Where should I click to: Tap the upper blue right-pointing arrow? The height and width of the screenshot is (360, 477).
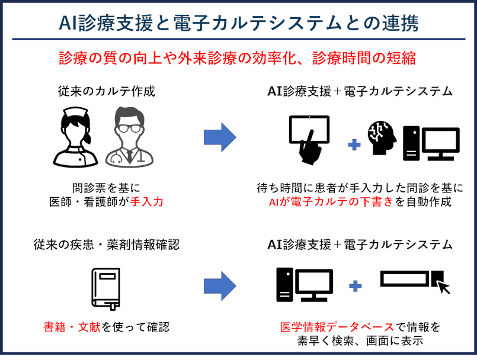pyautogui.click(x=220, y=137)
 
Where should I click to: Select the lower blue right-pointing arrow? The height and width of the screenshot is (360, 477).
pyautogui.click(x=220, y=287)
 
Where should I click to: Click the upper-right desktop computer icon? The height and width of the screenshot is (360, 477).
pyautogui.click(x=431, y=143)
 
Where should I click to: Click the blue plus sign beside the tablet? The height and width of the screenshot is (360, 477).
pyautogui.click(x=354, y=144)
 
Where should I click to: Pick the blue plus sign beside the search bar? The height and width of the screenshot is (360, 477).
pyautogui.click(x=355, y=287)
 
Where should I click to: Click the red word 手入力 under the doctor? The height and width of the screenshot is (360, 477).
pyautogui.click(x=146, y=201)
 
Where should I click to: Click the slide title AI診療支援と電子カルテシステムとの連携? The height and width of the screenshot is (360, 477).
pyautogui.click(x=239, y=23)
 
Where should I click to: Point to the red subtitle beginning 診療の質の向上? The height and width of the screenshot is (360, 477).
pyautogui.click(x=239, y=58)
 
